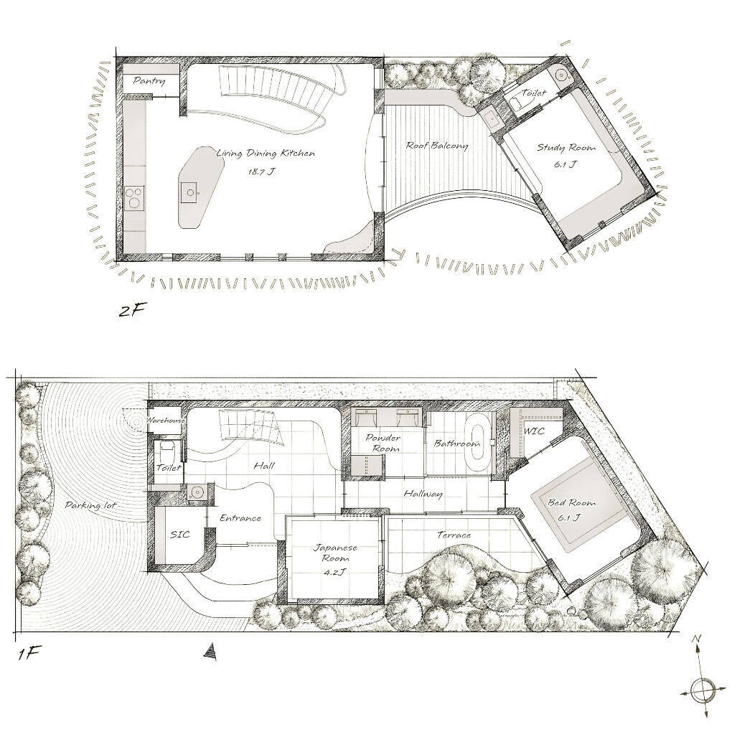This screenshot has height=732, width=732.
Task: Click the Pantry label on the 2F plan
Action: click(149, 81)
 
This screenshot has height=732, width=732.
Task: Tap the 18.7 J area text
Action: click(261, 171)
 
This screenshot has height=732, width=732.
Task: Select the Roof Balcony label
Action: click(436, 145)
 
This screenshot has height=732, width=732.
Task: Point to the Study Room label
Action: click(566, 148)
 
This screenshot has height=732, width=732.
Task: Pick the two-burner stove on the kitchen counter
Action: click(134, 197)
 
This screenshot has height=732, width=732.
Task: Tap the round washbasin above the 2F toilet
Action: click(560, 74)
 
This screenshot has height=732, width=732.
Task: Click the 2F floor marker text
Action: click(129, 311)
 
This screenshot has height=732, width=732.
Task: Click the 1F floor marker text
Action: click(27, 652)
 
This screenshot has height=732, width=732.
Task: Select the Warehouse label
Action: click(166, 420)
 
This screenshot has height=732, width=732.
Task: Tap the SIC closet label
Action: click(179, 534)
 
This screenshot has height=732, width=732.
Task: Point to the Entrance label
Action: click(240, 517)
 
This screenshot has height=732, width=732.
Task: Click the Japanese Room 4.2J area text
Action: click(336, 572)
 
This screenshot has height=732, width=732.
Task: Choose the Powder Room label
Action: click(383, 444)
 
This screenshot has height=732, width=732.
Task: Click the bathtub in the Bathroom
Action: click(477, 442)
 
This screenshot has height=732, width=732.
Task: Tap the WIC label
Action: click(534, 431)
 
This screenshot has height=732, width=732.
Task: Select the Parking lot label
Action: click(90, 506)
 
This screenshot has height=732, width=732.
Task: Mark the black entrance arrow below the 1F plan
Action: click(211, 652)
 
